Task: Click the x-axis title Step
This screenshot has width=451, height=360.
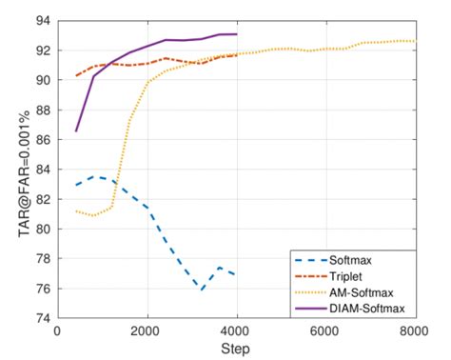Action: click(x=237, y=350)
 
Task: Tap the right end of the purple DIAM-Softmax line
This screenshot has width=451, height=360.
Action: click(x=236, y=34)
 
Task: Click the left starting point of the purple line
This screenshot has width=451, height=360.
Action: click(x=75, y=130)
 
